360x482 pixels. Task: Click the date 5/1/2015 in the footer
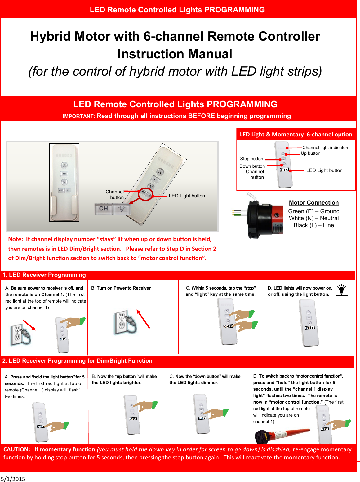(x=13, y=479)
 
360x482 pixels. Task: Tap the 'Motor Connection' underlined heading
(x=313, y=203)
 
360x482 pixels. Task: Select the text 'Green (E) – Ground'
(x=313, y=211)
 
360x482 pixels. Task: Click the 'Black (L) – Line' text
(x=313, y=225)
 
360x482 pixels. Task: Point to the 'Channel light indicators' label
(x=326, y=148)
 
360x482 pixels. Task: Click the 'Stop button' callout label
(x=251, y=159)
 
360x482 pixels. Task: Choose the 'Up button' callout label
(x=310, y=153)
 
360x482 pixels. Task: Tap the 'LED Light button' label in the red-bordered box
(x=324, y=170)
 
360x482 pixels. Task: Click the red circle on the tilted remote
(x=146, y=194)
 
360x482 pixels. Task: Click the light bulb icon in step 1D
(x=341, y=290)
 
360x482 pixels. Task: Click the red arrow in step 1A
(x=29, y=325)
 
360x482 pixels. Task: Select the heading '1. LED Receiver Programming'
(x=44, y=275)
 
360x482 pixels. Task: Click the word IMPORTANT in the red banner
(x=78, y=117)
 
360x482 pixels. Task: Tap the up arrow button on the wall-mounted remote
(x=64, y=165)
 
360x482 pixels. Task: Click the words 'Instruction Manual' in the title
(x=175, y=54)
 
